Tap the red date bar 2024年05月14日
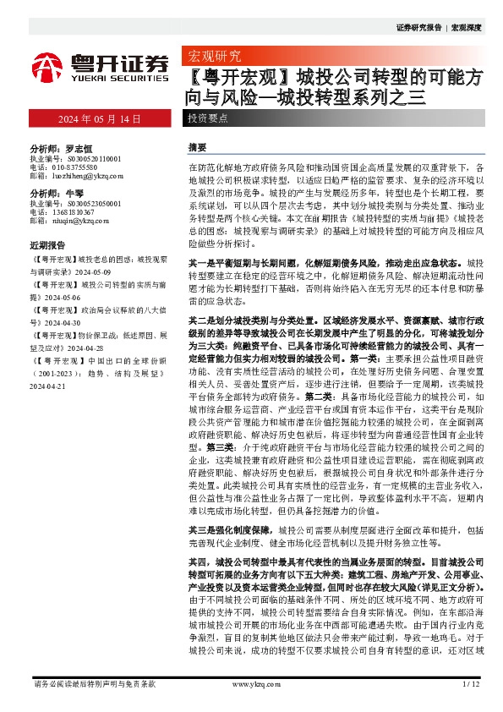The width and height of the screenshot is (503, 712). (100, 118)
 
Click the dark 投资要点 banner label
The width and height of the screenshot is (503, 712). (207, 119)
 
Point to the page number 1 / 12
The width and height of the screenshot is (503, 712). (472, 682)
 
